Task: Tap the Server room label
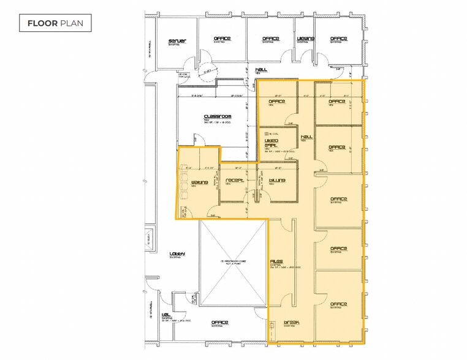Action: tap(177, 41)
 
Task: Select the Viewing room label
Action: tap(305, 39)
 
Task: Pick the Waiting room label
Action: tap(200, 182)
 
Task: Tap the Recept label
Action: tap(235, 181)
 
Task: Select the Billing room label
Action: tap(277, 181)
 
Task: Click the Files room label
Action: tap(276, 261)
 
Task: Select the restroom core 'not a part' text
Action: tap(233, 263)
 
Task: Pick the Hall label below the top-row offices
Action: tap(262, 70)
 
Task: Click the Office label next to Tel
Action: tap(219, 322)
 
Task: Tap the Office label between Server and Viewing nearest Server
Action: tap(222, 39)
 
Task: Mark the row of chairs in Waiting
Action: tap(184, 182)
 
